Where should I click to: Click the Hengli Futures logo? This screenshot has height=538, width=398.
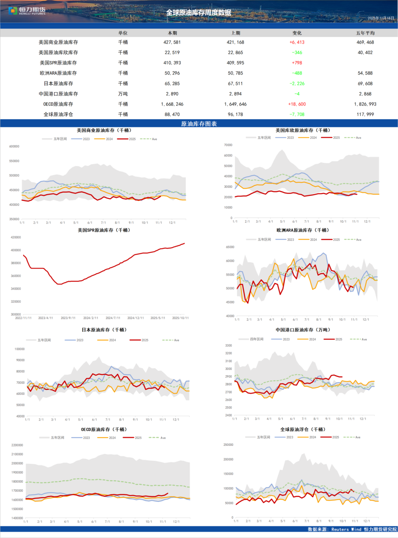click(27, 11)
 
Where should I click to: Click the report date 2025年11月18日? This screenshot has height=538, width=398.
click(381, 18)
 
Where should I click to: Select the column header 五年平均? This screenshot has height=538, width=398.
click(365, 33)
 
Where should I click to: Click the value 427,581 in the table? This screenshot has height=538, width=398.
click(172, 42)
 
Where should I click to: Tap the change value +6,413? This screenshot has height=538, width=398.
click(297, 42)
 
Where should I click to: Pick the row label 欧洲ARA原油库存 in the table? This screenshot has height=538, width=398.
click(58, 73)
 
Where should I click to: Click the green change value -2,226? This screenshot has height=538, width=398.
click(297, 84)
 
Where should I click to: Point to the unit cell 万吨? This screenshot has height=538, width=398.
click(123, 94)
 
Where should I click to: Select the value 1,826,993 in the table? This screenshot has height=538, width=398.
click(365, 104)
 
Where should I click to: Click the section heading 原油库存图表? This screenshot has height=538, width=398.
click(199, 124)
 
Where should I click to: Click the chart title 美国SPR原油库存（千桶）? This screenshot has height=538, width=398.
click(104, 230)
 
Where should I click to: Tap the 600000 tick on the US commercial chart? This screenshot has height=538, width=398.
click(14, 147)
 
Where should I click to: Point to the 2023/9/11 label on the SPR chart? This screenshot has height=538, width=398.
click(68, 318)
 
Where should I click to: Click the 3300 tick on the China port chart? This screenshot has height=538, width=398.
click(228, 346)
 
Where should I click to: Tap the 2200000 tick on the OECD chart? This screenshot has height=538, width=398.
click(17, 445)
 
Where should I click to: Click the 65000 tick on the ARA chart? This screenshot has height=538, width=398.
click(230, 247)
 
